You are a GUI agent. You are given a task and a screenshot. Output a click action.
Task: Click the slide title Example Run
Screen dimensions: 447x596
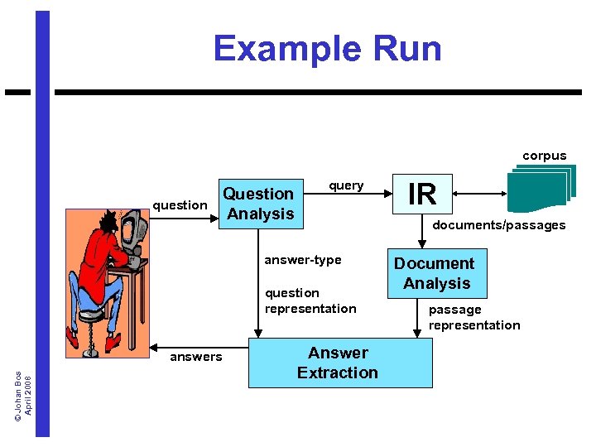327,49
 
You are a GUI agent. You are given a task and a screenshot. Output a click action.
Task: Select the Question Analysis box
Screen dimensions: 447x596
259,204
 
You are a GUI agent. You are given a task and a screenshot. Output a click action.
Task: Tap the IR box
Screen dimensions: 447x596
422,194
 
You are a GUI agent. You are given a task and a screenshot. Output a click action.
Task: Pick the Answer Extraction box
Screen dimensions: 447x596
339,363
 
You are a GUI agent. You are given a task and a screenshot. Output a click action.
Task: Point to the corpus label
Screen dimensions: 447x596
544,156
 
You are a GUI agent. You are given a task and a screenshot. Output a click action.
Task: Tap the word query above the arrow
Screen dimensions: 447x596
346,185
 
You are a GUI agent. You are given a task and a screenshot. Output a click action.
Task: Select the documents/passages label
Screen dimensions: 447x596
498,225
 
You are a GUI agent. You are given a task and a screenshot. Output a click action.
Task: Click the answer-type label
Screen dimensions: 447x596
302,260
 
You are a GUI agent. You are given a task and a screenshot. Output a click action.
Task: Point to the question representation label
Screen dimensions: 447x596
310,300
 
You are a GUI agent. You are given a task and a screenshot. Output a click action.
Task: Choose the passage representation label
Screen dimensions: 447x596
473,317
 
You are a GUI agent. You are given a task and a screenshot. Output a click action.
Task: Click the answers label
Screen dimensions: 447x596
195,357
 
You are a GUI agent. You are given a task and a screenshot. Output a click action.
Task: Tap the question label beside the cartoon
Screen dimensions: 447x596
180,205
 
